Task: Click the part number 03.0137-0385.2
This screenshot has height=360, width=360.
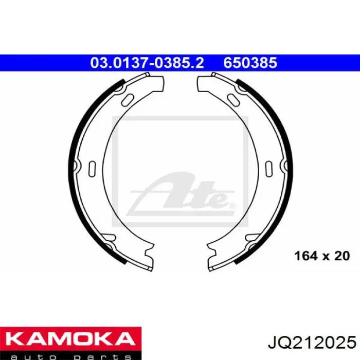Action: click(147, 63)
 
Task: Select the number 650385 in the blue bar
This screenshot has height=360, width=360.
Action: click(250, 63)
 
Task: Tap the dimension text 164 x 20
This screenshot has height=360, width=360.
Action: click(322, 256)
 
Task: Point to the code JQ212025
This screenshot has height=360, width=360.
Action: click(312, 343)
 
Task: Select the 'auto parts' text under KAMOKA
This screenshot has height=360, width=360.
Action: click(71, 356)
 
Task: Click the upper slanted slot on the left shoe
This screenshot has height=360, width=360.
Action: click(128, 100)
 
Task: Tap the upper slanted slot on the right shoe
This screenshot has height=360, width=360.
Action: click(233, 100)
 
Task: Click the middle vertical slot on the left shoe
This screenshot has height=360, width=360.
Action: click(92, 169)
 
